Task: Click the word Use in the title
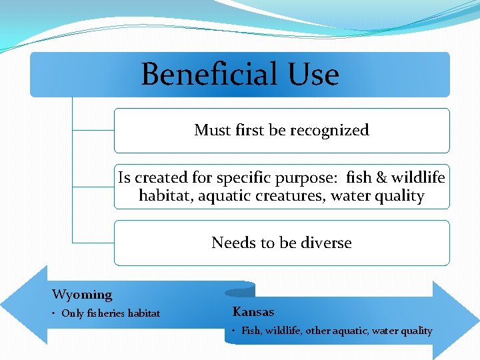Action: click(x=313, y=74)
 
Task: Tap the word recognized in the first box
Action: click(x=328, y=130)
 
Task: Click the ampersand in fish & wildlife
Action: click(x=382, y=178)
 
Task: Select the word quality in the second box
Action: click(x=400, y=196)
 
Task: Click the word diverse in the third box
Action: click(x=326, y=243)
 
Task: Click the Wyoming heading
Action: click(x=82, y=294)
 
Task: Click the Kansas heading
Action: click(x=253, y=311)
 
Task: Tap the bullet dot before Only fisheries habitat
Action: click(x=55, y=314)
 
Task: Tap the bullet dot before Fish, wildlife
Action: click(x=235, y=331)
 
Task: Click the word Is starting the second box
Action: click(x=125, y=178)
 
